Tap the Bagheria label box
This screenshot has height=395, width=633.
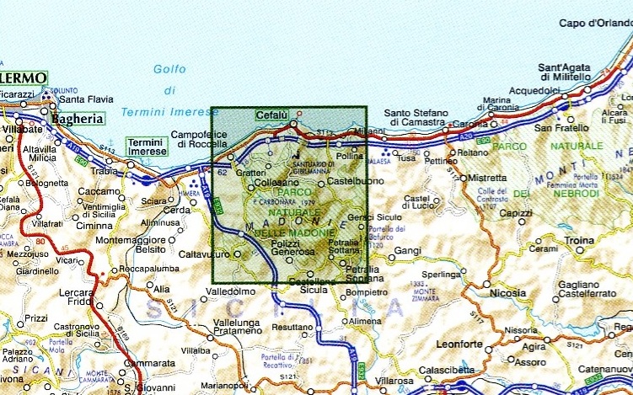click(78, 119)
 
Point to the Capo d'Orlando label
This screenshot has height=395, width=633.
click(595, 23)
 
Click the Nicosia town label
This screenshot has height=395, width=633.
click(507, 294)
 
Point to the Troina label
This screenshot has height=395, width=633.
click(579, 241)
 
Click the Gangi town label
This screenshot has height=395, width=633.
click(407, 251)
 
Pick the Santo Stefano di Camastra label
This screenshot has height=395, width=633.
click(419, 117)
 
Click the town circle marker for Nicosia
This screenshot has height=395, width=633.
click(486, 286)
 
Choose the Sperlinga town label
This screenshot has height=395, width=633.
click(444, 275)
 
